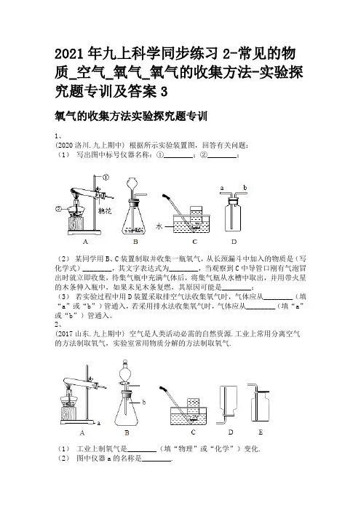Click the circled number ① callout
pyautogui.click(x=106, y=178)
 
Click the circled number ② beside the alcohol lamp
pyautogui.click(x=58, y=209)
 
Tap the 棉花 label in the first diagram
pyautogui.click(x=106, y=211)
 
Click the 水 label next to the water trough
pyautogui.click(x=159, y=226)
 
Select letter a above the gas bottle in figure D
pyautogui.click(x=222, y=188)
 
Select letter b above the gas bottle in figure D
pyautogui.click(x=245, y=188)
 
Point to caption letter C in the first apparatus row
pyautogui.click(x=195, y=242)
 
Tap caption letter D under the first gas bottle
pyautogui.click(x=234, y=242)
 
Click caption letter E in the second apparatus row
pyautogui.click(x=261, y=432)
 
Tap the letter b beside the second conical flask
pyautogui.click(x=143, y=403)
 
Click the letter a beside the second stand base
pyautogui.click(x=99, y=424)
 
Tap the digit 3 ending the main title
pyautogui.click(x=164, y=92)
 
